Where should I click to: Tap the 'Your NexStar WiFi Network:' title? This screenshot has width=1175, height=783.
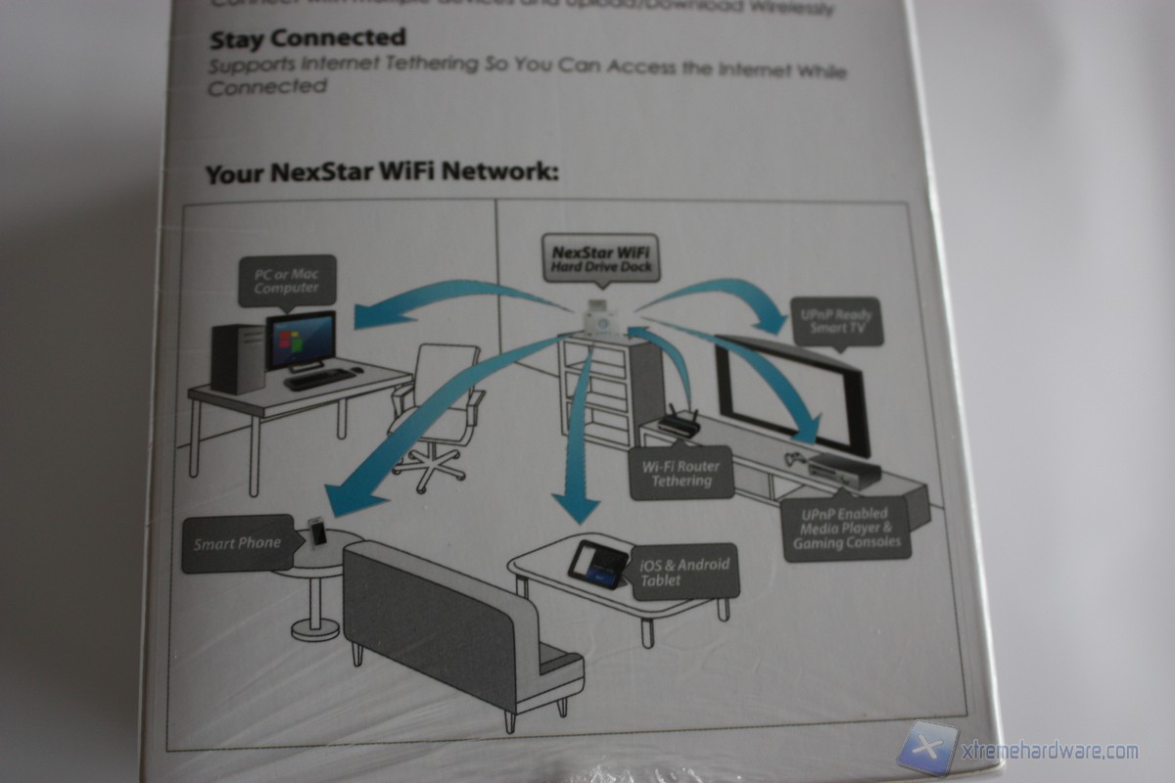[382, 174]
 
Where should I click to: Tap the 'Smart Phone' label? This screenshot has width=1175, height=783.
[237, 543]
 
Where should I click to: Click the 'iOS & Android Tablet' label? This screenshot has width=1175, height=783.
[685, 573]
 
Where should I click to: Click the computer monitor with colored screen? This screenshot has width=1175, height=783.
[301, 340]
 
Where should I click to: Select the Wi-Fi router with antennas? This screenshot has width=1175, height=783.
[677, 424]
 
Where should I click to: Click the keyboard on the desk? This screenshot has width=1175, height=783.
[320, 378]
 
